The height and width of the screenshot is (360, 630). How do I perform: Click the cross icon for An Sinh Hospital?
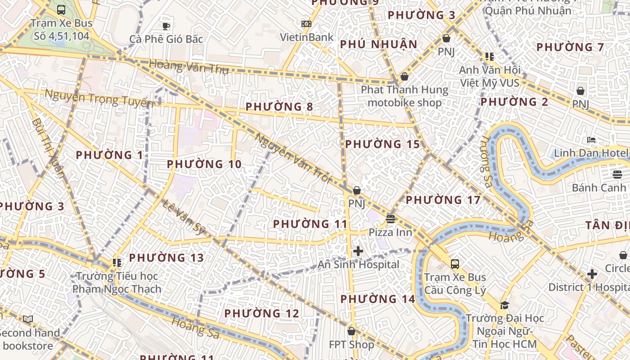coord(358,251)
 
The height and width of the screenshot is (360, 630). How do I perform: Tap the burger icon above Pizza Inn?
coord(390,219)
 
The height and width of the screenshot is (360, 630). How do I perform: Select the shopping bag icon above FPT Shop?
coord(351,332)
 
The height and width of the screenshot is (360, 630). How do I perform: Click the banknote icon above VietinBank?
coord(306,24)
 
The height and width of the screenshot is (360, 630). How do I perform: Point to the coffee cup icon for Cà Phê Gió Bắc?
coord(166,26)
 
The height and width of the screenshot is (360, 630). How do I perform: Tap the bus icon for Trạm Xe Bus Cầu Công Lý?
coord(455,264)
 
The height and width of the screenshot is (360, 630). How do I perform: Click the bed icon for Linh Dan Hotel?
coord(591,140)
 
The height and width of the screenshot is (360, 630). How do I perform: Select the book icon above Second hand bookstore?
coord(28,319)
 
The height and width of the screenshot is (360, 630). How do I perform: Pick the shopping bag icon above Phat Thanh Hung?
coord(405,76)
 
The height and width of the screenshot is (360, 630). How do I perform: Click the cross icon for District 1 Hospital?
coord(592,274)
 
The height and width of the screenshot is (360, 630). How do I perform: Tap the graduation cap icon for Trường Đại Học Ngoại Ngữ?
coord(504,306)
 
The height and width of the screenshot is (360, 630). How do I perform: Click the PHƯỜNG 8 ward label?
coord(279,107)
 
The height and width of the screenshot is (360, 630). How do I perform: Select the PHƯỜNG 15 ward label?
coord(382,144)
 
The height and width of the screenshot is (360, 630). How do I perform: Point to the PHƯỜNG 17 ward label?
coord(443,200)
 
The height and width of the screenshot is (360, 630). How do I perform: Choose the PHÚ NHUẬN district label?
coord(379,45)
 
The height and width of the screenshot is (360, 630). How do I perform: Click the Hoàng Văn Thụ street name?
coord(189,67)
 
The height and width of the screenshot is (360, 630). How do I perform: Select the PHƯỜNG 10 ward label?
coord(204,164)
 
